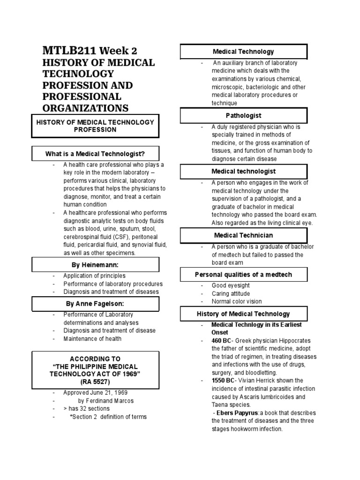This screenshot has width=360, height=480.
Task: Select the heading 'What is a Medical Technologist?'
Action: tap(95, 154)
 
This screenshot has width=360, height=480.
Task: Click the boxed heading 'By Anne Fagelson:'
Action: tap(95, 304)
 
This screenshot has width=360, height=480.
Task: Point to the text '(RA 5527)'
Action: tap(95, 382)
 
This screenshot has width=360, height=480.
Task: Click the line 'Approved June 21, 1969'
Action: tap(96, 392)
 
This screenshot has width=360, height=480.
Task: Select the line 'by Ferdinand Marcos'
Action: tap(106, 401)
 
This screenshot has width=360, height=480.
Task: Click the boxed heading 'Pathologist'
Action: tap(243, 115)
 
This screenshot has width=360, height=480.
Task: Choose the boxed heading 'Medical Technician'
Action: tap(243, 235)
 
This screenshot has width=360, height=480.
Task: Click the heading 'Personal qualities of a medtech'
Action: tap(243, 274)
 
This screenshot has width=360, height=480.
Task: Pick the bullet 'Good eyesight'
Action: tap(230, 285)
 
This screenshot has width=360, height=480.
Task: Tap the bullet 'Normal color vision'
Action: tap(236, 301)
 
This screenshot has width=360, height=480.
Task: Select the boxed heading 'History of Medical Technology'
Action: tap(243, 314)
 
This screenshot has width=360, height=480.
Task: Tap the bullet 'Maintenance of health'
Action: tap(92, 338)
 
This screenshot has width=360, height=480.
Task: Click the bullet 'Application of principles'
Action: tap(94, 276)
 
